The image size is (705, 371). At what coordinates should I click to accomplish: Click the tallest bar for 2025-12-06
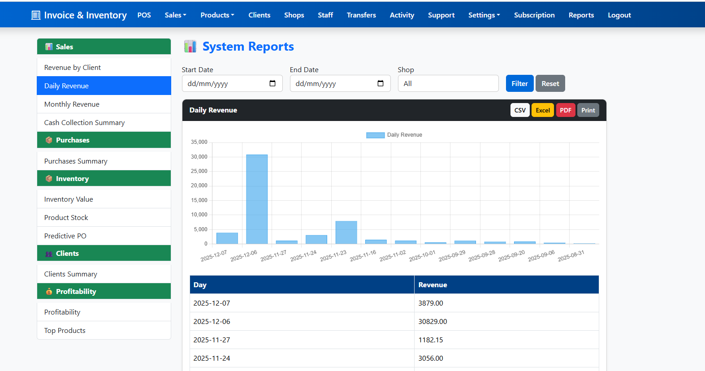pyautogui.click(x=257, y=199)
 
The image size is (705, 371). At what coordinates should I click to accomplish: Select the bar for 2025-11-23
pyautogui.click(x=346, y=233)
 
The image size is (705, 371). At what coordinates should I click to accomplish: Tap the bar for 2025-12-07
pyautogui.click(x=227, y=238)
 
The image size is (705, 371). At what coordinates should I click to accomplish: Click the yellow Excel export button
pyautogui.click(x=543, y=110)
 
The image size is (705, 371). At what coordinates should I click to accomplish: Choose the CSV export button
pyautogui.click(x=520, y=110)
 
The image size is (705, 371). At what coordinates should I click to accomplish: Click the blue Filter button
pyautogui.click(x=519, y=83)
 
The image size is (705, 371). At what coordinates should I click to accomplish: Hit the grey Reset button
pyautogui.click(x=550, y=83)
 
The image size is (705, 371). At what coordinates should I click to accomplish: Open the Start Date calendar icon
pyautogui.click(x=272, y=83)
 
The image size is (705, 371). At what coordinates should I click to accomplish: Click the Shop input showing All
pyautogui.click(x=448, y=83)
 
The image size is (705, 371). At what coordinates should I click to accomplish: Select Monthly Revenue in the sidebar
pyautogui.click(x=72, y=104)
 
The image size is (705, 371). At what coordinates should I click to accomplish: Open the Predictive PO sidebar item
pyautogui.click(x=65, y=236)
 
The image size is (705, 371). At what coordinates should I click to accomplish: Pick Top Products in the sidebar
pyautogui.click(x=65, y=331)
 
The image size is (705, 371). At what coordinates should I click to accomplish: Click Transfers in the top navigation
pyautogui.click(x=361, y=15)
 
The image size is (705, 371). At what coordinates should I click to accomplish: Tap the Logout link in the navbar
pyautogui.click(x=619, y=15)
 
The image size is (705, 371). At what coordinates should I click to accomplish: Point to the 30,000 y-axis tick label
pyautogui.click(x=199, y=157)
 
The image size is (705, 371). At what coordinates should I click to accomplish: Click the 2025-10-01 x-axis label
pyautogui.click(x=422, y=256)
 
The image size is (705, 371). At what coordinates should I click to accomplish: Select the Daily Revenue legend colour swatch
pyautogui.click(x=375, y=135)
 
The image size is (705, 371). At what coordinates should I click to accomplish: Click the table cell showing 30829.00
pyautogui.click(x=433, y=322)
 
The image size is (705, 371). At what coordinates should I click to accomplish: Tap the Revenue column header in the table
pyautogui.click(x=433, y=285)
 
